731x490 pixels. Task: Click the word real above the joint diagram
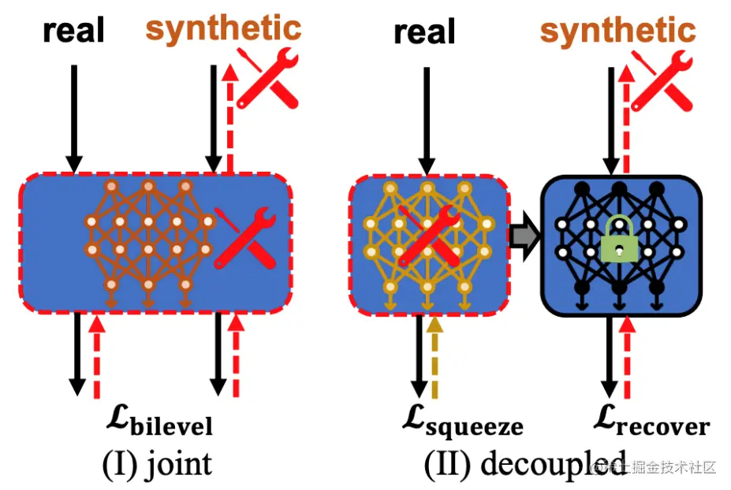[73, 31]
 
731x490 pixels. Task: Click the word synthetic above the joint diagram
[223, 28]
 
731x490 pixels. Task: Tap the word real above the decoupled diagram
[424, 32]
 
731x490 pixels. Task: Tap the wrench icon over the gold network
[429, 235]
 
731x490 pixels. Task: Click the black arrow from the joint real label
[74, 118]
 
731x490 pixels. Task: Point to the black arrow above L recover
[609, 355]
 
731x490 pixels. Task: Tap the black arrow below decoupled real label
[426, 118]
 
